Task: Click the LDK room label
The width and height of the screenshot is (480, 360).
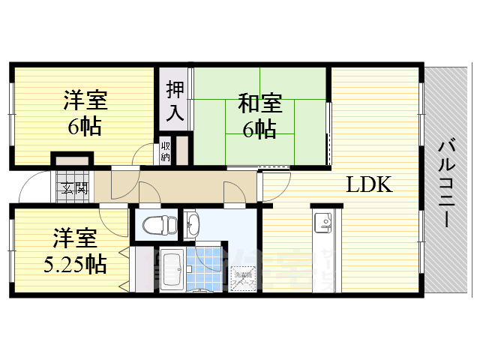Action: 369,185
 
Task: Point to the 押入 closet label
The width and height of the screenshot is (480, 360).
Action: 173,100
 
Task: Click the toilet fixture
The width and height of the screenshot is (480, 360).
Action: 158,224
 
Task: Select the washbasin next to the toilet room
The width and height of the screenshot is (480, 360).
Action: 191,223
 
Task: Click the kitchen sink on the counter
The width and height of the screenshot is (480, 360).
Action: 324,221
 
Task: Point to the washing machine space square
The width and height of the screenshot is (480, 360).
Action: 244,278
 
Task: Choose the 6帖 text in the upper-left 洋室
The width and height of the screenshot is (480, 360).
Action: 85,124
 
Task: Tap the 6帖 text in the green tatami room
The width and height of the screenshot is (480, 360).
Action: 258,128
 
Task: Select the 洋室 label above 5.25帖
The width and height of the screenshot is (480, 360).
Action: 74,240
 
